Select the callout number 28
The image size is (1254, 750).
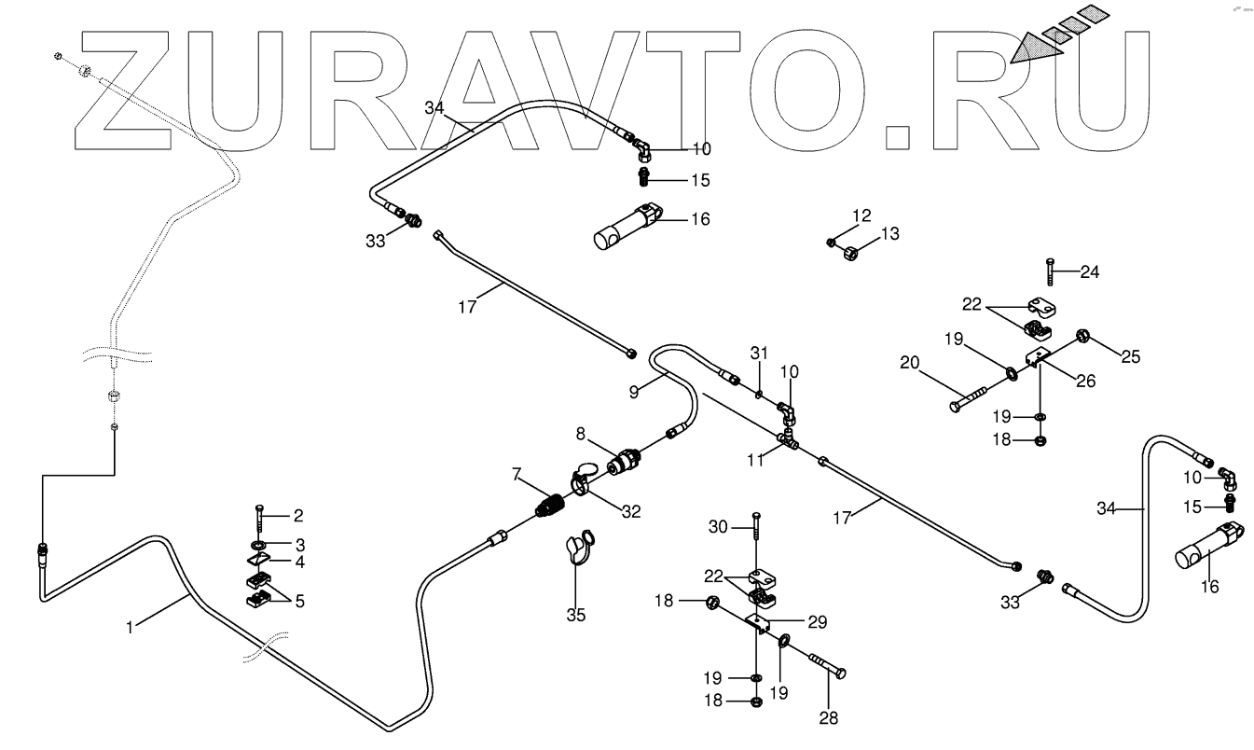(x=828, y=718)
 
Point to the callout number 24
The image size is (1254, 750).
(x=1090, y=272)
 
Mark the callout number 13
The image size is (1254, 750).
(x=890, y=233)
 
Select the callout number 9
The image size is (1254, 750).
(x=634, y=393)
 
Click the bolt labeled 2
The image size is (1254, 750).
(x=256, y=518)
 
